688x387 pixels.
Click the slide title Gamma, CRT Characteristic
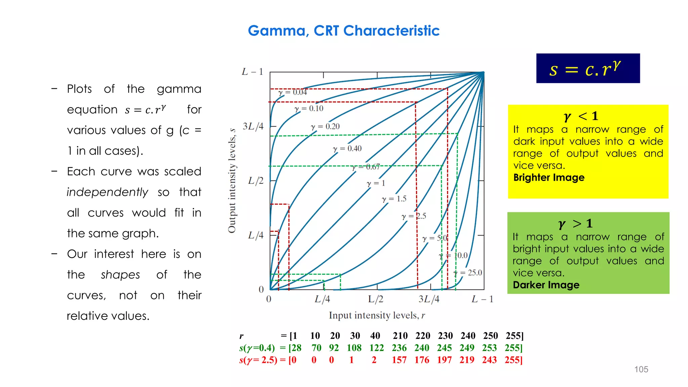[343, 31]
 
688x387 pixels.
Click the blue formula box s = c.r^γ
[588, 68]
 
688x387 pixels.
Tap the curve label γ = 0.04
[293, 92]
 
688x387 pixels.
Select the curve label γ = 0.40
[347, 148]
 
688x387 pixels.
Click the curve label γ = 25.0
[468, 273]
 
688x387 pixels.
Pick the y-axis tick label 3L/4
[253, 126]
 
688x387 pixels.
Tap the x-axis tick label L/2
[376, 299]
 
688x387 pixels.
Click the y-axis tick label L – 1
[252, 72]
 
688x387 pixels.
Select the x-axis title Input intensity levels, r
[377, 315]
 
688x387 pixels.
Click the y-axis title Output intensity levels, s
[232, 180]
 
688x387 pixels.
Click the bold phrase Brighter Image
[549, 177]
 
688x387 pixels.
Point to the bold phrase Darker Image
[546, 285]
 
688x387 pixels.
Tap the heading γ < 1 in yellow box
[581, 116]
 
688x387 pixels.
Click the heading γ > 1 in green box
[575, 224]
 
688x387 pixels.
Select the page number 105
[641, 369]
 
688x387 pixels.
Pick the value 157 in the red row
[399, 360]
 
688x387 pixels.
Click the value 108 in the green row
[354, 348]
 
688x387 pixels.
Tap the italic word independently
[107, 192]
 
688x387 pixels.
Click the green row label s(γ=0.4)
[257, 348]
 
